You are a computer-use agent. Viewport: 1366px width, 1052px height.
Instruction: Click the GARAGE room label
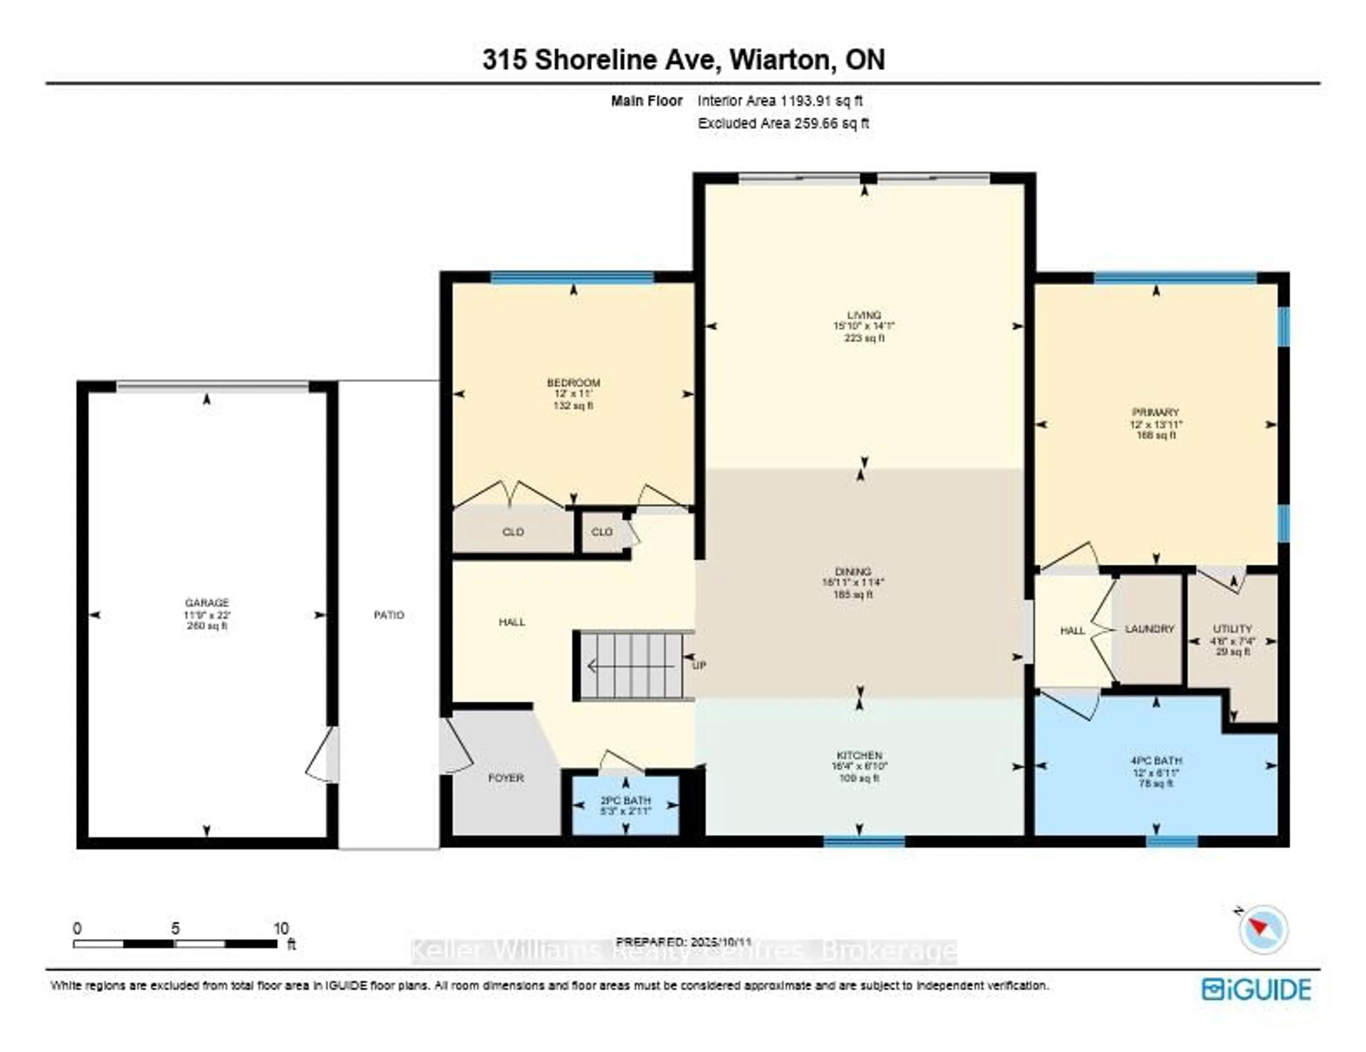tap(207, 602)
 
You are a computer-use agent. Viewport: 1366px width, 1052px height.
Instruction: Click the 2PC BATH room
tap(625, 805)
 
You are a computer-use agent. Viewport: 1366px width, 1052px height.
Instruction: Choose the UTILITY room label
tap(1232, 628)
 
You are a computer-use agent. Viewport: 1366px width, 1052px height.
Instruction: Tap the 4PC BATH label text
tap(1156, 760)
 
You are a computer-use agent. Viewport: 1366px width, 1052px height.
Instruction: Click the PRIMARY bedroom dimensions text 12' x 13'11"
tap(1156, 424)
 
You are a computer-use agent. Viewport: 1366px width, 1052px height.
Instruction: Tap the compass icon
tap(1264, 929)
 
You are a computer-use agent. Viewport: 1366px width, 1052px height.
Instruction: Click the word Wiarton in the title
tap(779, 60)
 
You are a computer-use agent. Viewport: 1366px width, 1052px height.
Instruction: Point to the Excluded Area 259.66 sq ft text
tap(783, 123)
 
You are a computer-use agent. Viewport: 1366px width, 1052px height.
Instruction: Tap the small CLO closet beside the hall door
tap(602, 532)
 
